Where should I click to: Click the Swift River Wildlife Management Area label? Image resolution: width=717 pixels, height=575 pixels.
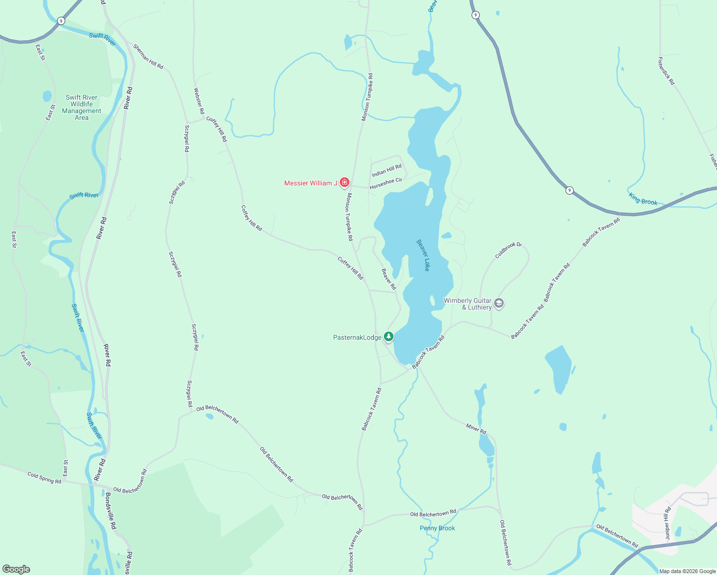81,107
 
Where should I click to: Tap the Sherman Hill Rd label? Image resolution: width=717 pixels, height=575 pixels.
148,57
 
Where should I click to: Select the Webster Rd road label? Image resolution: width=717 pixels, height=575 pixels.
199,101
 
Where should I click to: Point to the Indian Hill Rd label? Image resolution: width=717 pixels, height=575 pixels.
387,170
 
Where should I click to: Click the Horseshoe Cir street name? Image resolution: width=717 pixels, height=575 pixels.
386,184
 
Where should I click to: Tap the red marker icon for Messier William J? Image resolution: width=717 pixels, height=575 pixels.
344,183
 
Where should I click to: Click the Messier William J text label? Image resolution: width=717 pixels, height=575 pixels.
311,183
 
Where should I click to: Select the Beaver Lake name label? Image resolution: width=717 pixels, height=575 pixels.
423,255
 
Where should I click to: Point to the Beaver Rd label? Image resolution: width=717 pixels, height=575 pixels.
389,279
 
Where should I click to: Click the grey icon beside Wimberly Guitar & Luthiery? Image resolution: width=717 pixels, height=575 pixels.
499,303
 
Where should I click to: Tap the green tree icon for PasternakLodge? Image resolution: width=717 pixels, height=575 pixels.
389,337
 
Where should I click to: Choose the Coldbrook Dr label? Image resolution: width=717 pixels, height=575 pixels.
508,250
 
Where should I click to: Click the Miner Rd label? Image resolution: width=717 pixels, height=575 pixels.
476,428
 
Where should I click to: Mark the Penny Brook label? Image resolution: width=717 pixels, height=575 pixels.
437,528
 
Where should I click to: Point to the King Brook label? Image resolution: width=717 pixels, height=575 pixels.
643,199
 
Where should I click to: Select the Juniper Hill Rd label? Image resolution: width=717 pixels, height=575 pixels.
667,524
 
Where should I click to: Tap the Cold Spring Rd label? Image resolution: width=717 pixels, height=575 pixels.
45,478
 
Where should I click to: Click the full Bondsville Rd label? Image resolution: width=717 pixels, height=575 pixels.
111,511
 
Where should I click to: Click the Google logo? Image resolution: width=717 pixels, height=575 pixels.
16,569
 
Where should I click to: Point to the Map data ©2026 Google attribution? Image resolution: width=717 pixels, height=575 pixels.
687,571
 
